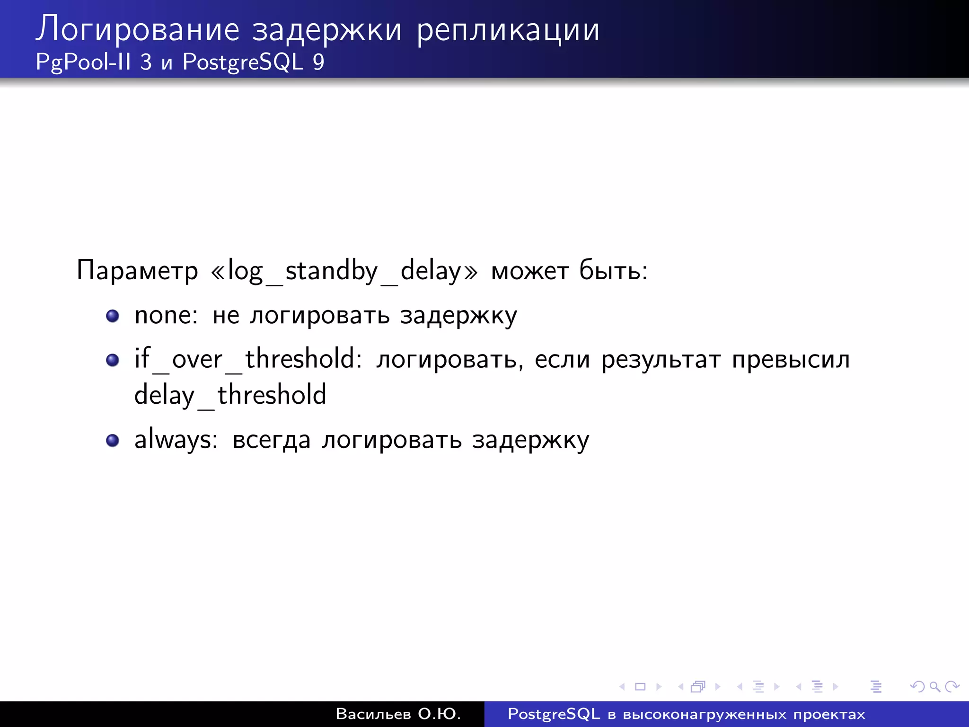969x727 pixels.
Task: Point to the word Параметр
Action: [x=137, y=271]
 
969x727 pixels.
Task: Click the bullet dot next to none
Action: [x=113, y=316]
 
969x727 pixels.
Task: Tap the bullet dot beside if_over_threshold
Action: [x=113, y=360]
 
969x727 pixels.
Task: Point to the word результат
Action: [x=661, y=360]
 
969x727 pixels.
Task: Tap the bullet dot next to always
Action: [x=113, y=441]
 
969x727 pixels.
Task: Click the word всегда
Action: [x=271, y=441]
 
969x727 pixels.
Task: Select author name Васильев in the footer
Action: [x=373, y=714]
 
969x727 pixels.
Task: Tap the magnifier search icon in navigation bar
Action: [x=934, y=686]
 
